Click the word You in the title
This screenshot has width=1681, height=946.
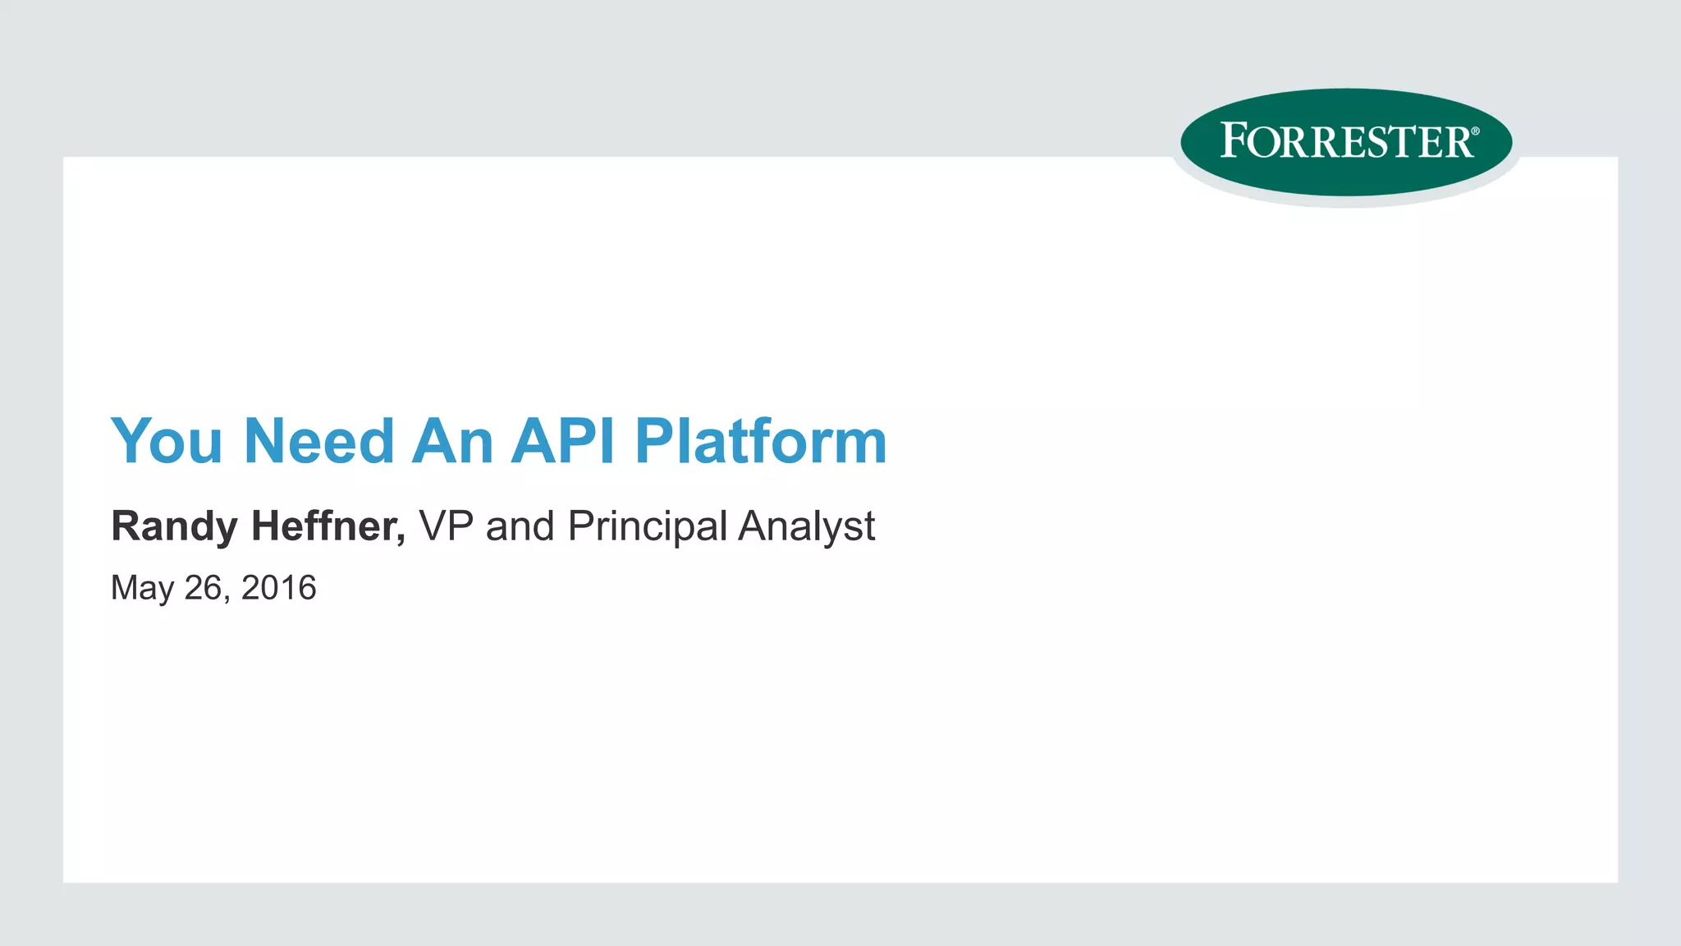(167, 442)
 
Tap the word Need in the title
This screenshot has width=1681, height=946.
(319, 442)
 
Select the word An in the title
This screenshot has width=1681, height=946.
(452, 442)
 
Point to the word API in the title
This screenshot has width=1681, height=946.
(563, 442)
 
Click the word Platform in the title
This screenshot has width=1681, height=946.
(761, 442)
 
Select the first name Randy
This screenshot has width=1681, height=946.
(174, 526)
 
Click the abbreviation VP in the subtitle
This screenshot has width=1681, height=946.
(447, 526)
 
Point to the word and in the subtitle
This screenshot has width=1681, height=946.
(520, 526)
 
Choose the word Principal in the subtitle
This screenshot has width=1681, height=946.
(647, 526)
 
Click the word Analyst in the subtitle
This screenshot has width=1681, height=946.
(806, 526)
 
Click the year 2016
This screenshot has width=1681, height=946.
(278, 588)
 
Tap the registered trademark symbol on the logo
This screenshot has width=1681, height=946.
(1475, 131)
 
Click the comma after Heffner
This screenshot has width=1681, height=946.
(401, 538)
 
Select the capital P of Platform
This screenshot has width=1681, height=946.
(654, 442)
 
